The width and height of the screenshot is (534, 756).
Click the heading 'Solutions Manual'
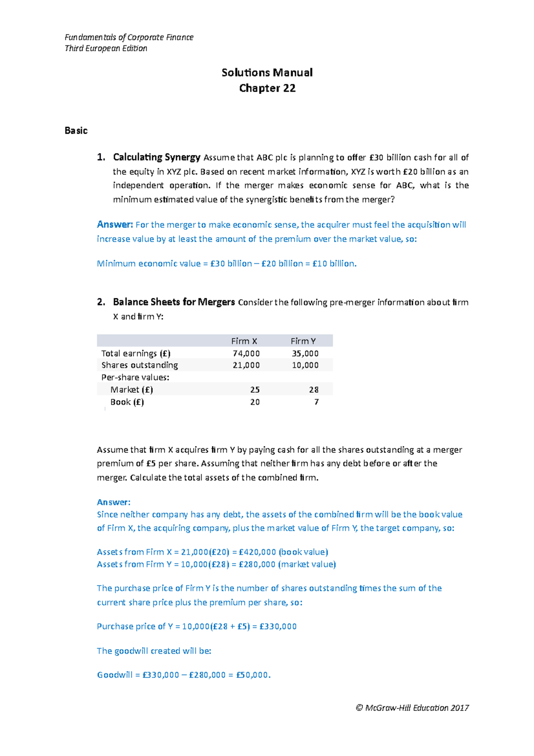click(x=267, y=73)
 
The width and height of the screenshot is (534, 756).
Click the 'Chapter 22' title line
click(x=267, y=88)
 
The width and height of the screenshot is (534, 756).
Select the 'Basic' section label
click(x=76, y=130)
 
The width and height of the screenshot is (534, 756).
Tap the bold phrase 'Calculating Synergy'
click(x=157, y=157)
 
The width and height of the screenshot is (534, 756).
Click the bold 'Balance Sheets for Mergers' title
click(x=174, y=302)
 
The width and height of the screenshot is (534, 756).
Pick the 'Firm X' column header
click(x=244, y=341)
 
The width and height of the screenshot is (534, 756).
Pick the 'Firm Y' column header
click(x=303, y=341)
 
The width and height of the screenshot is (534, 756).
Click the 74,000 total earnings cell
click(x=246, y=354)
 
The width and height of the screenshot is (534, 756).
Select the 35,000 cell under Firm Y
click(x=305, y=354)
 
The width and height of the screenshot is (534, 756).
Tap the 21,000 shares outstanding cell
click(x=246, y=365)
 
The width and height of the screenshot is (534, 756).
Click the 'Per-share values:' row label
click(x=135, y=378)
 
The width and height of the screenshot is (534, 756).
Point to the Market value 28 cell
click(x=314, y=390)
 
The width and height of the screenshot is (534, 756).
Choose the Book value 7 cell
click(x=316, y=402)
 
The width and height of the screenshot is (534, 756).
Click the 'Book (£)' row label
click(x=127, y=402)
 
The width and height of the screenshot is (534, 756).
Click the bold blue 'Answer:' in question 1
click(x=115, y=224)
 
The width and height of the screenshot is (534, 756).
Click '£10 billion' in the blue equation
click(x=334, y=264)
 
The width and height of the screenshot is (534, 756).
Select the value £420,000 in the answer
click(x=257, y=552)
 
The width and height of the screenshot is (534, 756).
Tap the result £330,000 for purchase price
click(x=278, y=626)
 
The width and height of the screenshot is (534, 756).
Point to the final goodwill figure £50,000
click(x=253, y=675)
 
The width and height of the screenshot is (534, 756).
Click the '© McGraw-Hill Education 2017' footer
click(x=412, y=708)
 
